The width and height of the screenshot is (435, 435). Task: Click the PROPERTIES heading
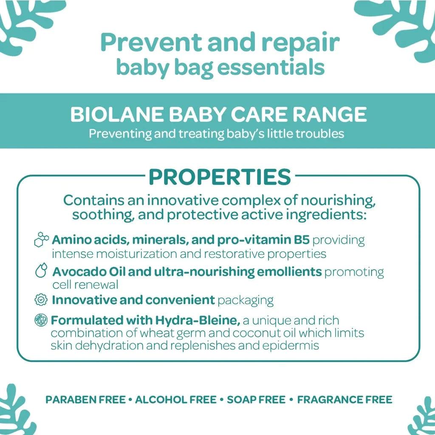coord(220,177)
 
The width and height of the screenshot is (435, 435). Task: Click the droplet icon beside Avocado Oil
coord(41,271)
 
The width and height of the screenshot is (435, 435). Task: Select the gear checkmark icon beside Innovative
coord(41,300)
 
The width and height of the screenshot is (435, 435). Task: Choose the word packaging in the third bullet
coord(245,300)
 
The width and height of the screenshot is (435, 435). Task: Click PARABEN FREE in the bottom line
coord(85,400)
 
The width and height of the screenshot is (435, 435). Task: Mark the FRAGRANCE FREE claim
coord(344,400)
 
